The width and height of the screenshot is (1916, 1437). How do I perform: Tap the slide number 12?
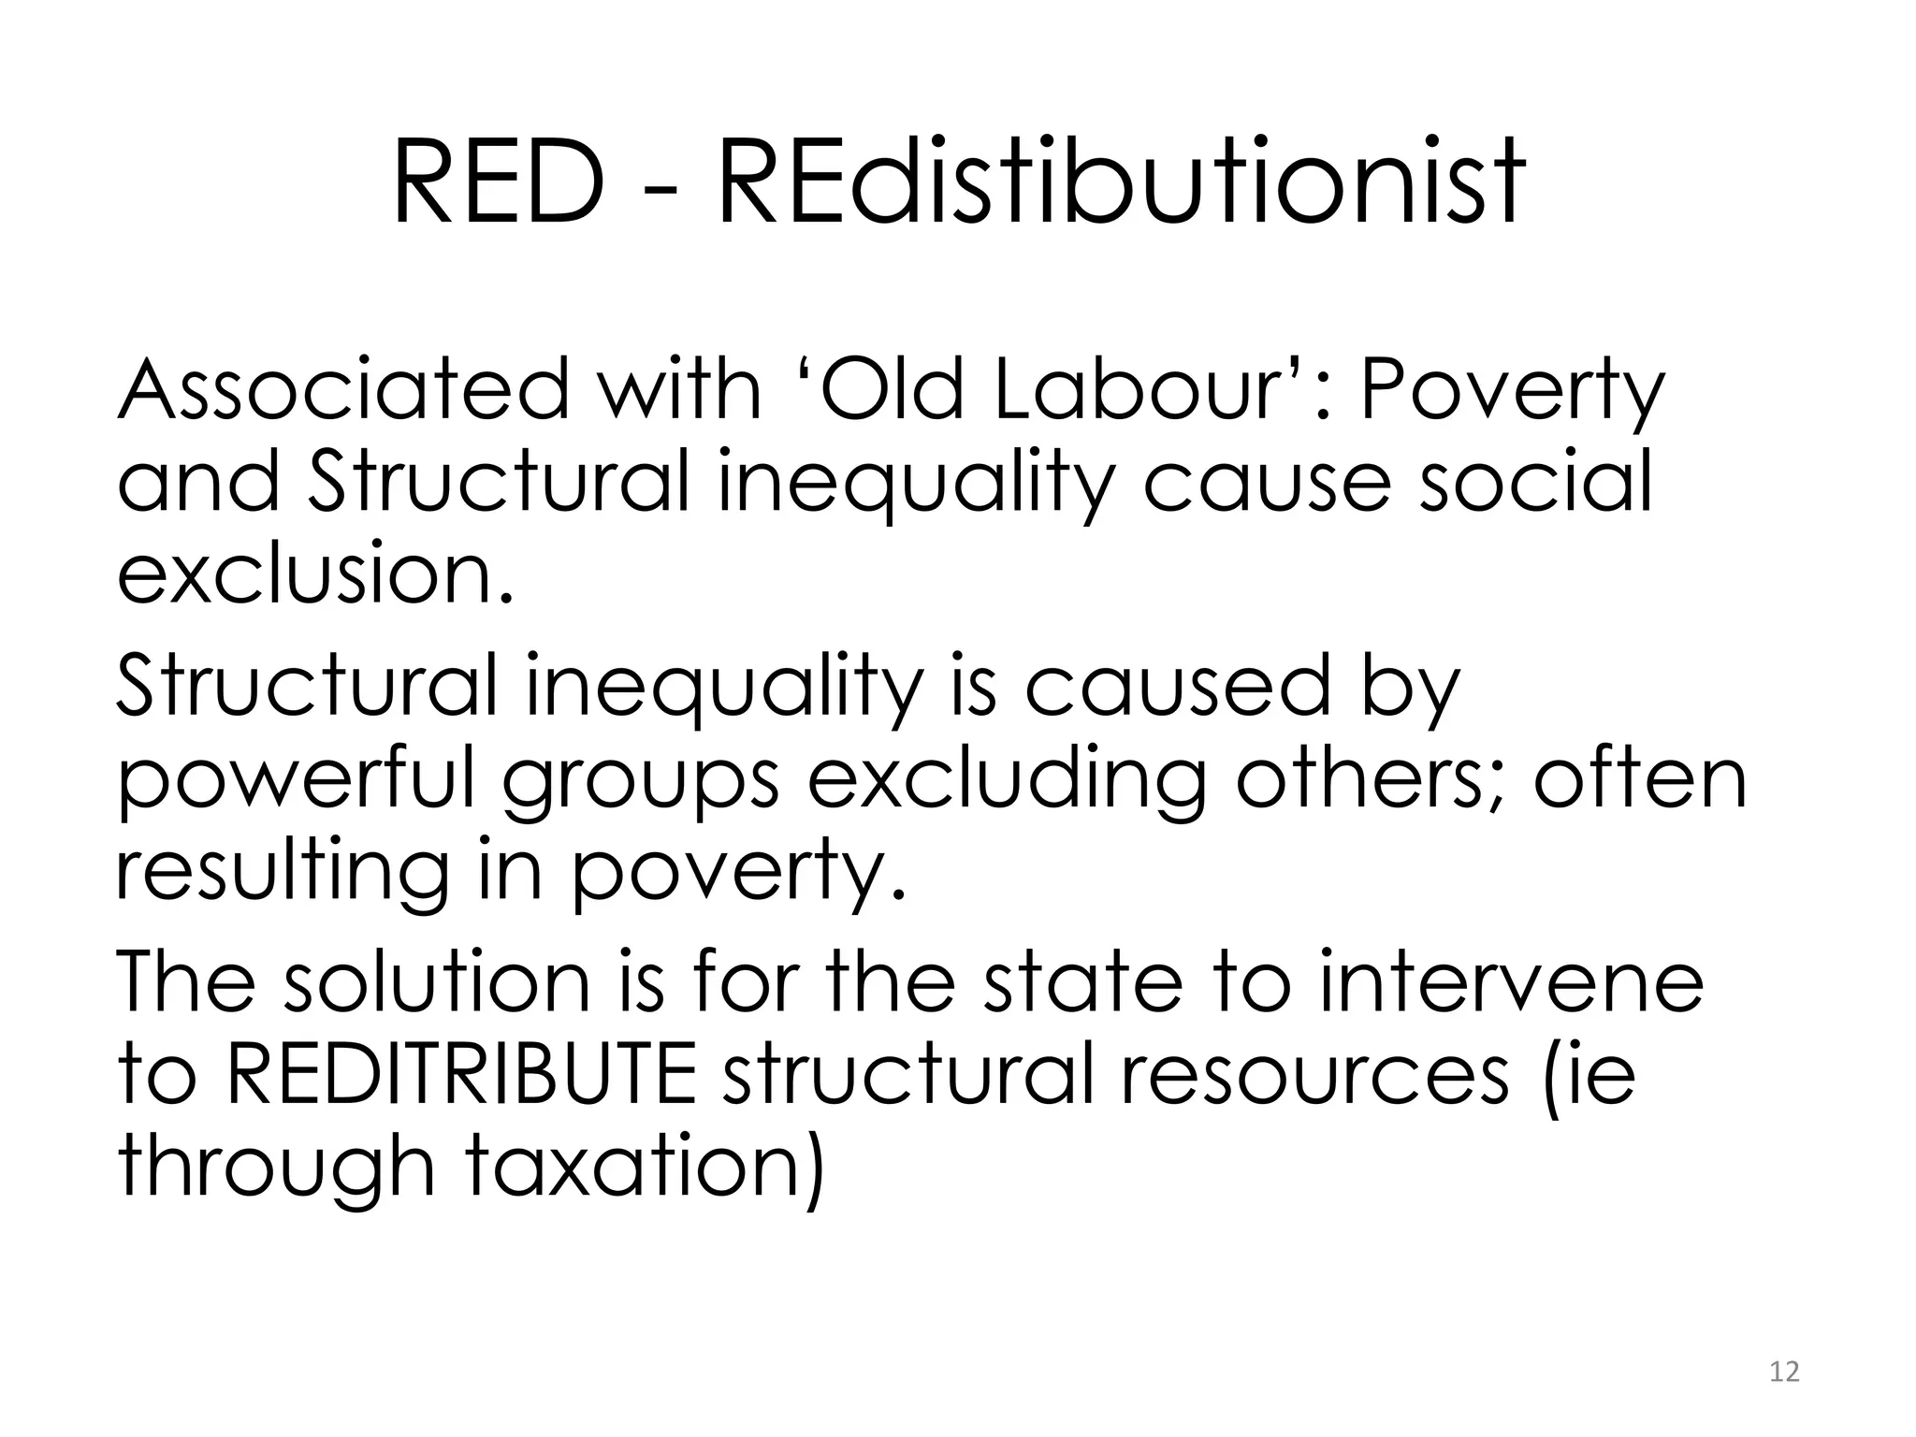click(x=1784, y=1372)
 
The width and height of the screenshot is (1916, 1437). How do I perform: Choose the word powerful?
click(x=296, y=782)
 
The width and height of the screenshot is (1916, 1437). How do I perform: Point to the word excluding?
click(x=1007, y=782)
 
